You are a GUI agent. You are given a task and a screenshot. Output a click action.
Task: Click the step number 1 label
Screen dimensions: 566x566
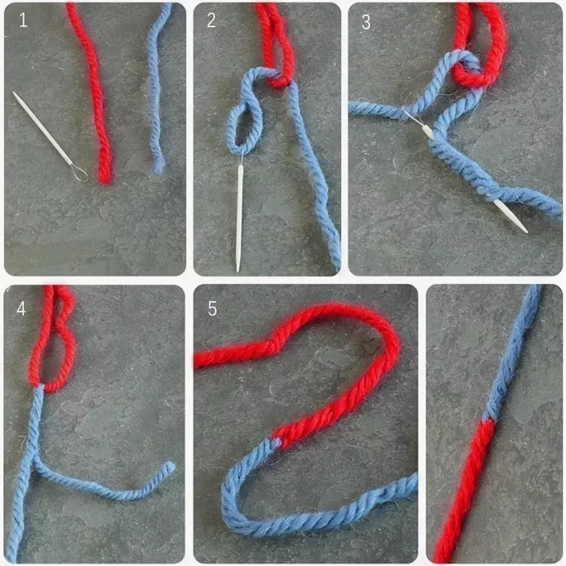(23, 21)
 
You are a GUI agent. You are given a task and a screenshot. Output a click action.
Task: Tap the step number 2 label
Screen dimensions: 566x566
(211, 20)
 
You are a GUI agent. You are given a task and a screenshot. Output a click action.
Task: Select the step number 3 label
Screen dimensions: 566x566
(366, 21)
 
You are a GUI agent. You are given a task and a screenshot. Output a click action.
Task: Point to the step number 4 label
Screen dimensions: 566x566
(21, 308)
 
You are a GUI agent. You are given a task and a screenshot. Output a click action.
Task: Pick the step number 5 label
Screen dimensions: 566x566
(212, 309)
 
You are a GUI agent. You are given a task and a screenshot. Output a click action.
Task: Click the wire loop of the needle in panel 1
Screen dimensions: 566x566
(80, 173)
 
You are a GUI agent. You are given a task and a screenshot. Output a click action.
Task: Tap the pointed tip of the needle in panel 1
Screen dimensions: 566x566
(14, 93)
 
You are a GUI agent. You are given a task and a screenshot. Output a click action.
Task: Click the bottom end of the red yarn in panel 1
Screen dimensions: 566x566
(105, 180)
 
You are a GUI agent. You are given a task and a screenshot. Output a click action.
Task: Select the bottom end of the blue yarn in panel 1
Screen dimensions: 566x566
(157, 171)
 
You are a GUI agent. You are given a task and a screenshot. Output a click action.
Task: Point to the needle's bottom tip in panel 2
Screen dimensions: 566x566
(238, 270)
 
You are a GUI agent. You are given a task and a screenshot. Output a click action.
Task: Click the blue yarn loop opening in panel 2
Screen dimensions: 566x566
(243, 126)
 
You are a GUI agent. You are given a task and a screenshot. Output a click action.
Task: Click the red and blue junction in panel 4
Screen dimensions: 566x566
(39, 387)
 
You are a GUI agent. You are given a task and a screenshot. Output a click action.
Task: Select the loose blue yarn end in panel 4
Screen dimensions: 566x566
(171, 466)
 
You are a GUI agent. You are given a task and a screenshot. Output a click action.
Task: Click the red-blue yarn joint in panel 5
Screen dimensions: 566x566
(276, 441)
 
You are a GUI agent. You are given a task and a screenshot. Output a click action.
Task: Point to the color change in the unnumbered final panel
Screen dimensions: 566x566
(488, 422)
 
